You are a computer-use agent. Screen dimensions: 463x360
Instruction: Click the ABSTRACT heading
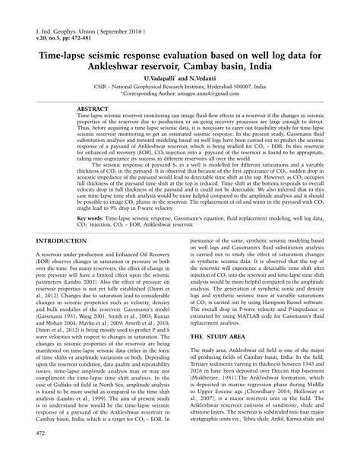93,109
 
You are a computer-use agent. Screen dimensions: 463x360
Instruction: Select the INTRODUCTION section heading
55,240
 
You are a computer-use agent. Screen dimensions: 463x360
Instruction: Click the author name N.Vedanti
200,78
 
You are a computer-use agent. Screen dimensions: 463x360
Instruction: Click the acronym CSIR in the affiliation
98,87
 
